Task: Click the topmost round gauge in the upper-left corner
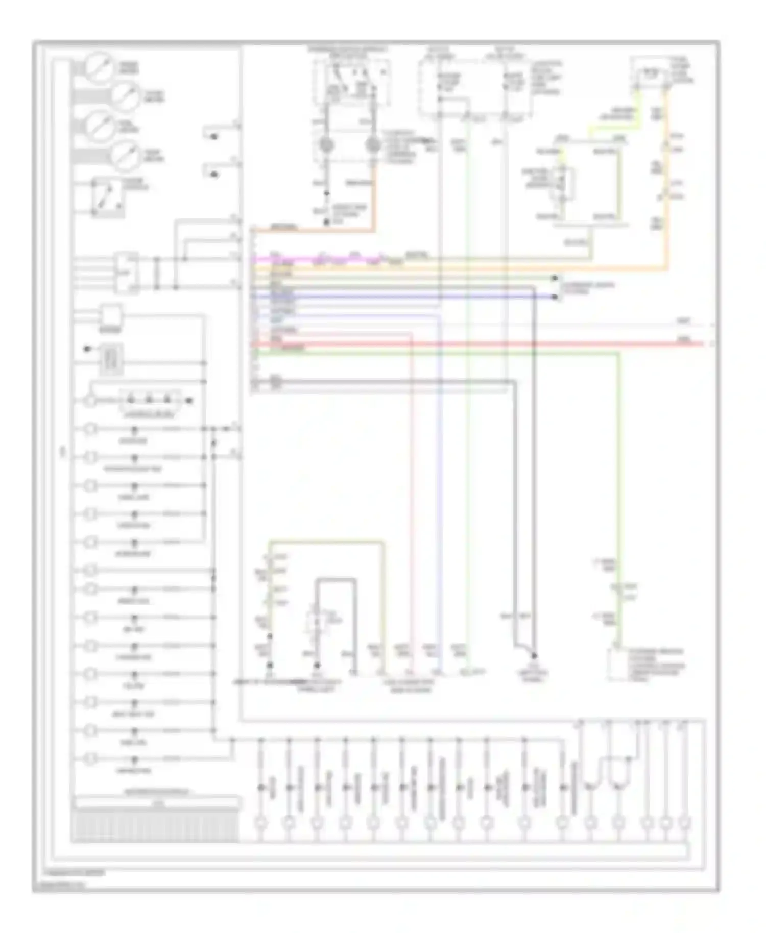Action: (x=100, y=67)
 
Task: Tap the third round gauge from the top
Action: (x=100, y=125)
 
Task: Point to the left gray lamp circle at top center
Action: (x=327, y=146)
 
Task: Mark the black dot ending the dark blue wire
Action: (x=555, y=297)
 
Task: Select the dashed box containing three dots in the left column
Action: (x=150, y=401)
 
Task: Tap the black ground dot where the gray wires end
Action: (x=534, y=656)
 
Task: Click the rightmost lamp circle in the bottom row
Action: (x=684, y=823)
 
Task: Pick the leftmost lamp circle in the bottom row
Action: (x=260, y=823)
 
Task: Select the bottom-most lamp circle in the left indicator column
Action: (x=90, y=758)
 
